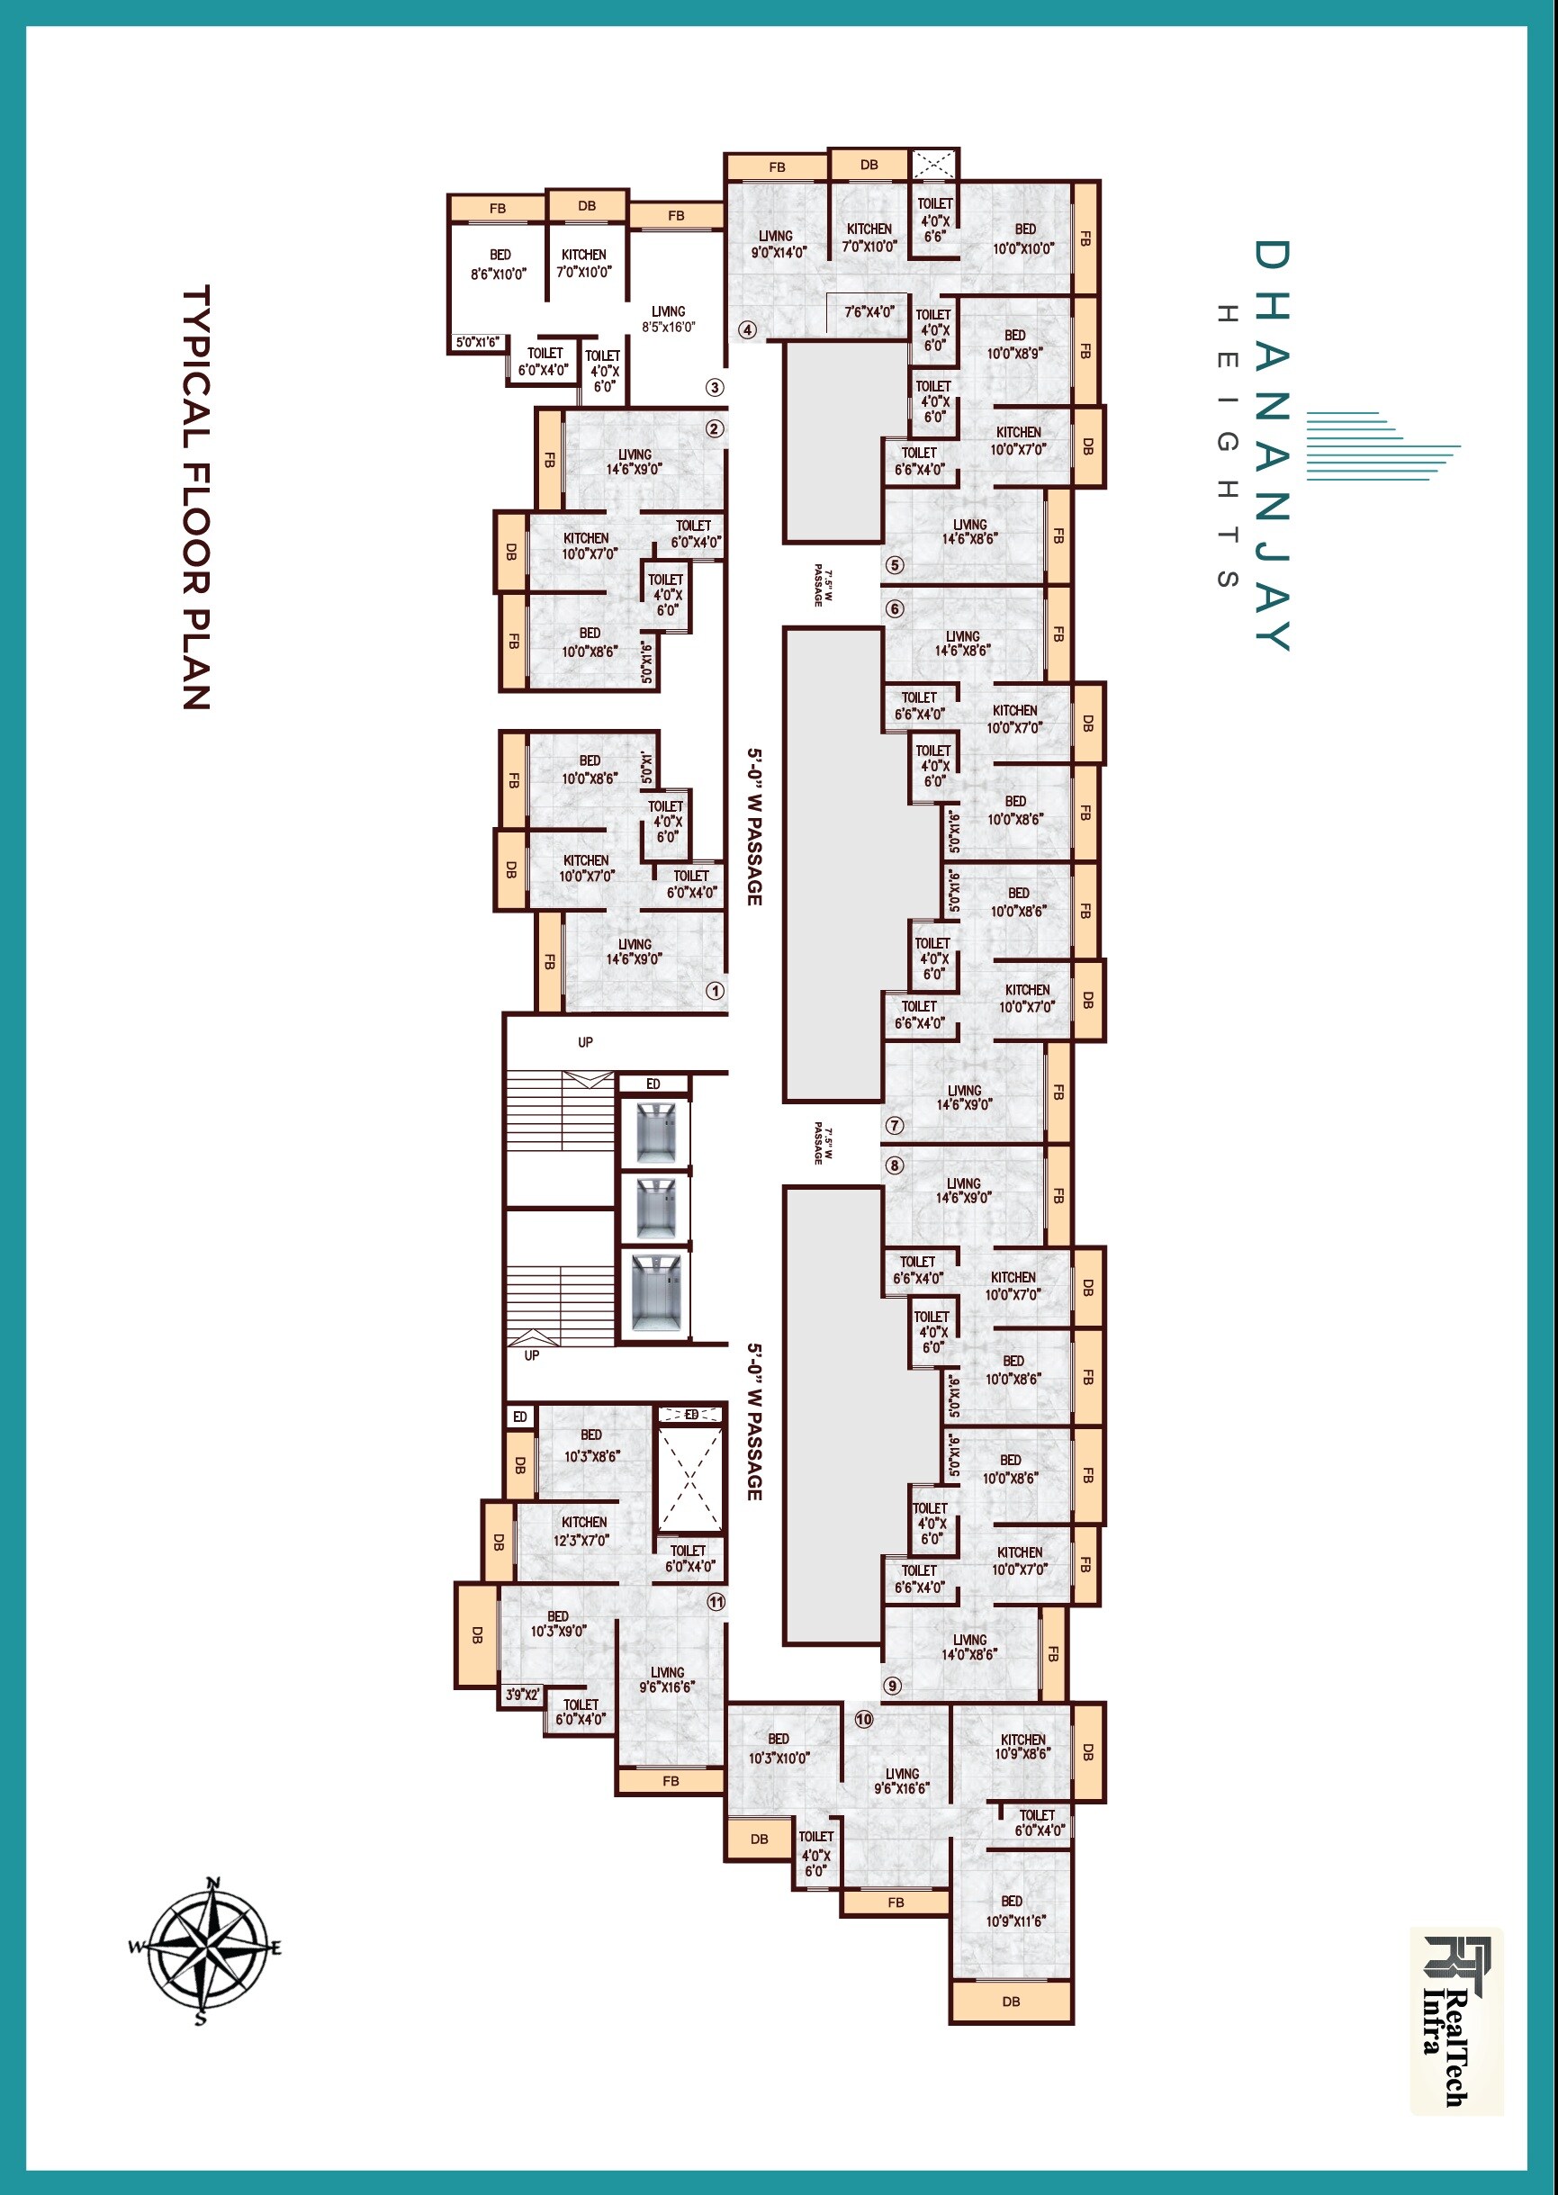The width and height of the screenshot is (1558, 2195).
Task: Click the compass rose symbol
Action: pos(204,1948)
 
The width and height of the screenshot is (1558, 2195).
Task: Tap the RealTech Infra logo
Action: pos(1455,2019)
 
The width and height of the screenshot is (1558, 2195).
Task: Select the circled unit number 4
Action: pos(747,330)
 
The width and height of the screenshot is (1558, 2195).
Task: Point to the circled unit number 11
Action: pos(716,1602)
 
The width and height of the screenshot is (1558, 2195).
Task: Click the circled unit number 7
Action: pos(895,1125)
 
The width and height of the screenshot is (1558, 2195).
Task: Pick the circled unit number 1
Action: pos(715,991)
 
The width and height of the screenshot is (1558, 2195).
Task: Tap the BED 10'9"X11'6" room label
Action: pos(1014,1911)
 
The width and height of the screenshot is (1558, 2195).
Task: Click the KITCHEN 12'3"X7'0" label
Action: pos(584,1531)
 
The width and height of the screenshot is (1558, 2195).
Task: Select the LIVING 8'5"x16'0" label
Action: pos(669,319)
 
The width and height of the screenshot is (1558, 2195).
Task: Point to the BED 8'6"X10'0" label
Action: pos(499,265)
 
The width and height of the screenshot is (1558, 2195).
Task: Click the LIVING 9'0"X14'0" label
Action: pos(777,244)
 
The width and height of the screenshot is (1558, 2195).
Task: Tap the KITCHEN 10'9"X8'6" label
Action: pos(1022,1746)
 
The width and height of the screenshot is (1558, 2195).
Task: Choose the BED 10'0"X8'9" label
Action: pos(1015,345)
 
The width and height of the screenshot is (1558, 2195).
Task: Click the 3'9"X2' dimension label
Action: pos(523,1696)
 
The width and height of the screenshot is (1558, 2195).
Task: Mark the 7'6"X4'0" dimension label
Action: pos(869,311)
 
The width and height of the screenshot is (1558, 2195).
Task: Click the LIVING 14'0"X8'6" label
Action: pos(969,1647)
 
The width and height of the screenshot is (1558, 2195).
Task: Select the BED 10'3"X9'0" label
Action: pos(558,1624)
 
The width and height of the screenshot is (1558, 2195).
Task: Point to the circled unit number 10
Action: pos(864,1719)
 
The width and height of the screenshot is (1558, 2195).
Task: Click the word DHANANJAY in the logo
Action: pos(1272,445)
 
